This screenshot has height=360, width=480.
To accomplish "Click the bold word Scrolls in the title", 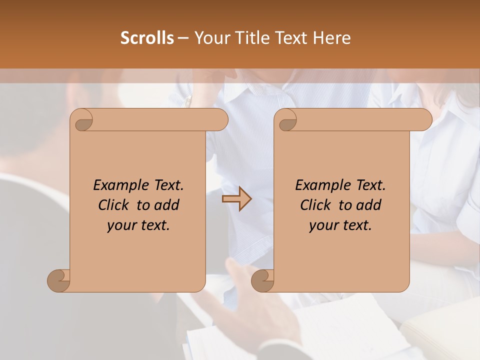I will [147, 38].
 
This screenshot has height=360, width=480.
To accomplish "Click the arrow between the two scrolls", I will [236, 199].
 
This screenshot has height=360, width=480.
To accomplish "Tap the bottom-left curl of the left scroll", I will [59, 280].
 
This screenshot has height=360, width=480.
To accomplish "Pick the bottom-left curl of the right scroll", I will [263, 280].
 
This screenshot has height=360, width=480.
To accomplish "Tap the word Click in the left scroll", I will [115, 205].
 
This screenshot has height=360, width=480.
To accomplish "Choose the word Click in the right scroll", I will [317, 205].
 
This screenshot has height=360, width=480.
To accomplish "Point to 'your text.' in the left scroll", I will [138, 225].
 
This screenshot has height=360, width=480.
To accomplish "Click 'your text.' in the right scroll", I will [340, 225].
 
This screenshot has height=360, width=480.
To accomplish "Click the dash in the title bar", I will [183, 38].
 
